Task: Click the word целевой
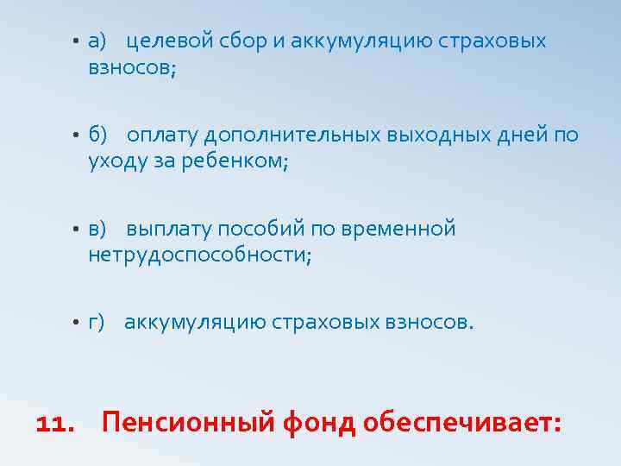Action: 169,41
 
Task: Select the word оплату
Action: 161,135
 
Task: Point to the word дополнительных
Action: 286,135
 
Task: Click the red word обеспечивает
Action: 463,423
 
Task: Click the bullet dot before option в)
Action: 76,230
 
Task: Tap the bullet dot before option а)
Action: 76,42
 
